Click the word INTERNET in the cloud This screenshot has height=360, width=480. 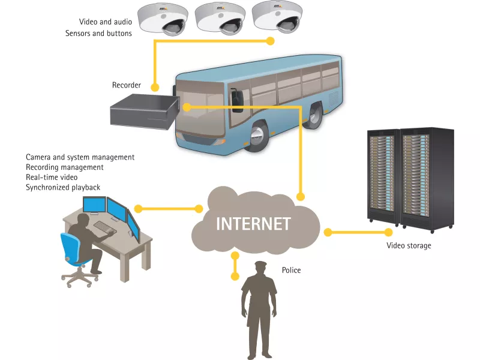[253, 224]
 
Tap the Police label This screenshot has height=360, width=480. [291, 271]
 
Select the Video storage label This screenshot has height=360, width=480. [408, 245]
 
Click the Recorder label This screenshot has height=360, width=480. [127, 85]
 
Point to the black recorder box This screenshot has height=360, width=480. [143, 112]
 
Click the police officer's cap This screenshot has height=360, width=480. [260, 265]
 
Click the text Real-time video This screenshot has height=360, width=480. [52, 178]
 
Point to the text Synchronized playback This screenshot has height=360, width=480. [63, 188]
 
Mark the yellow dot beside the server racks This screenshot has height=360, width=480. [328, 232]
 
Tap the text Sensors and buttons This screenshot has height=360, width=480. [98, 34]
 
